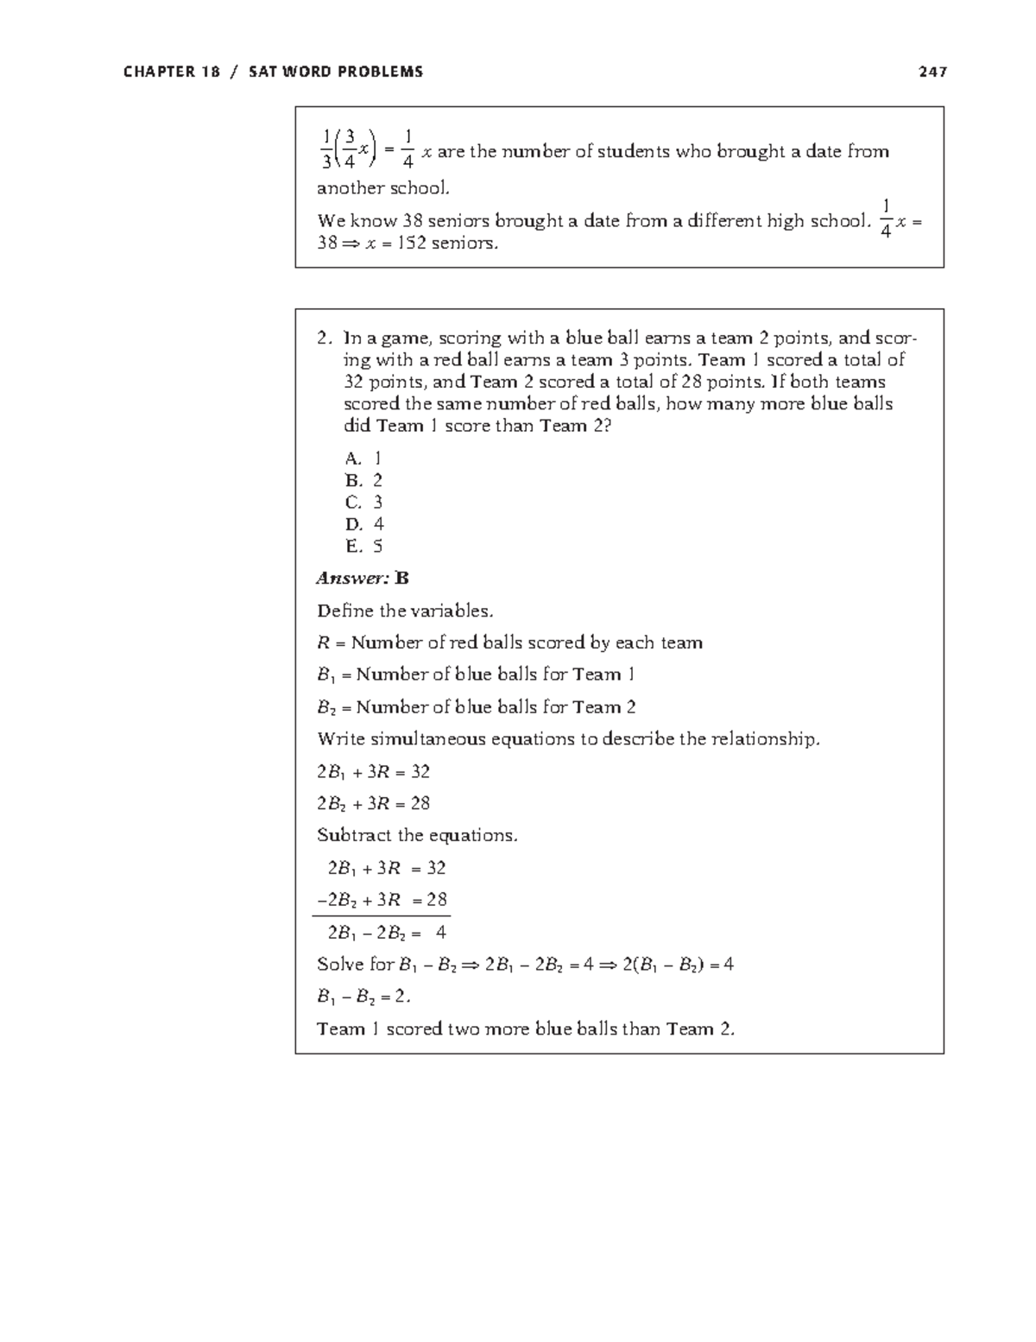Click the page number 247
click(932, 72)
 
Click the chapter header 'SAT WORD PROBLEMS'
click(336, 72)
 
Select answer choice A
click(363, 459)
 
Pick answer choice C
click(363, 503)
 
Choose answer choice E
click(363, 546)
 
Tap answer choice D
click(363, 524)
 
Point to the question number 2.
click(324, 338)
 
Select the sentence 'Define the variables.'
click(405, 611)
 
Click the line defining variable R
click(509, 643)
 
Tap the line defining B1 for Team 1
click(476, 674)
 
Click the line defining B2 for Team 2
click(476, 707)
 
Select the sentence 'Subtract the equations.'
click(417, 835)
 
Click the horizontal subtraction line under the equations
click(381, 916)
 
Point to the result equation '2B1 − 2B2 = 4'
click(386, 933)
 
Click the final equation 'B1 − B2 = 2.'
click(363, 997)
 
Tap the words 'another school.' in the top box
click(383, 188)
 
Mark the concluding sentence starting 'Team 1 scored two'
click(526, 1029)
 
